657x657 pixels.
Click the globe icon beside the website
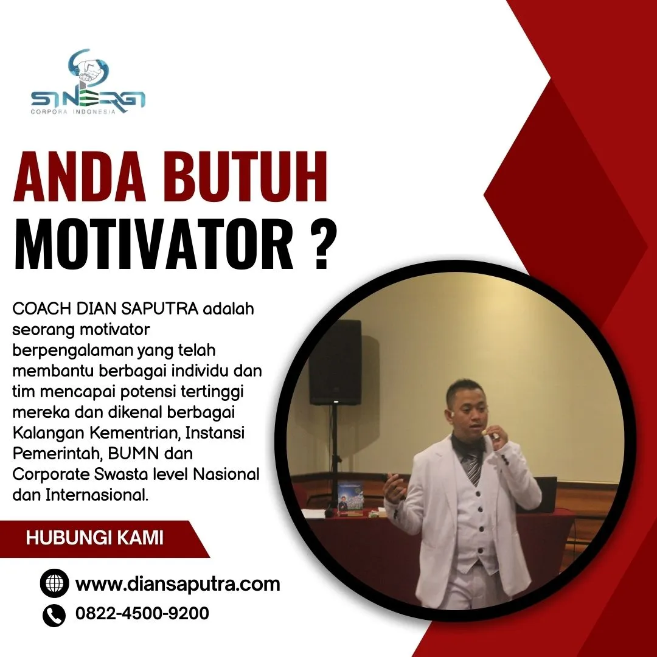coord(54,584)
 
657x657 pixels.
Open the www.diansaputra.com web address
coord(178,585)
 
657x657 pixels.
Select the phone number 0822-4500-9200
coord(142,613)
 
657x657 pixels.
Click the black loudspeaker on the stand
coord(335,362)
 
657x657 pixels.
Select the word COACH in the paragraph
coord(42,309)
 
